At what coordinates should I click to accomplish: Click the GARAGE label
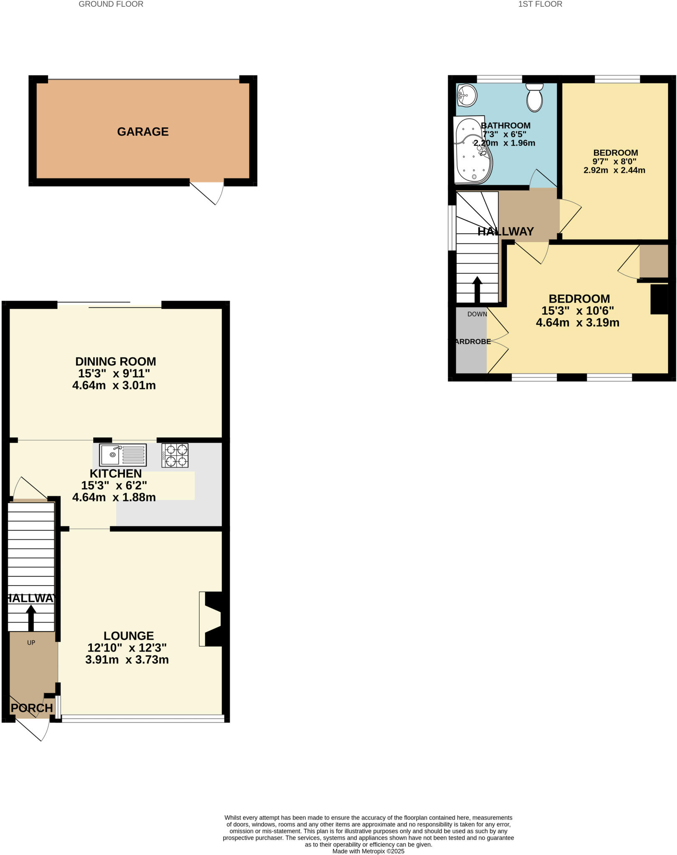[142, 132]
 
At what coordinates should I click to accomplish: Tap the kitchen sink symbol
[122, 455]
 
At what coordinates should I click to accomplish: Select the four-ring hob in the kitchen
[175, 455]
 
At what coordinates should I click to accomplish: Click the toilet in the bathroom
[534, 98]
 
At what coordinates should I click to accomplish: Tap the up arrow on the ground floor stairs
[31, 617]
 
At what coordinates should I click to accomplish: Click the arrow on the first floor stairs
[477, 289]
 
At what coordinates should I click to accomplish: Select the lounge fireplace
[212, 619]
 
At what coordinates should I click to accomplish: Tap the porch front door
[33, 729]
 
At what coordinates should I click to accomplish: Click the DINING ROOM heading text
[116, 362]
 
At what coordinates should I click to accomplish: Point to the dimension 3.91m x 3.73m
[127, 660]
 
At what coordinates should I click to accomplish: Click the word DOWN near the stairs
[477, 314]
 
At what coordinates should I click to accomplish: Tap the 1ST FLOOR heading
[540, 4]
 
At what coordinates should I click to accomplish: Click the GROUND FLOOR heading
[111, 4]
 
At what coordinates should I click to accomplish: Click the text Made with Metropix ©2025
[368, 851]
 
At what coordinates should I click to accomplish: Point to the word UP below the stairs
[31, 643]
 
